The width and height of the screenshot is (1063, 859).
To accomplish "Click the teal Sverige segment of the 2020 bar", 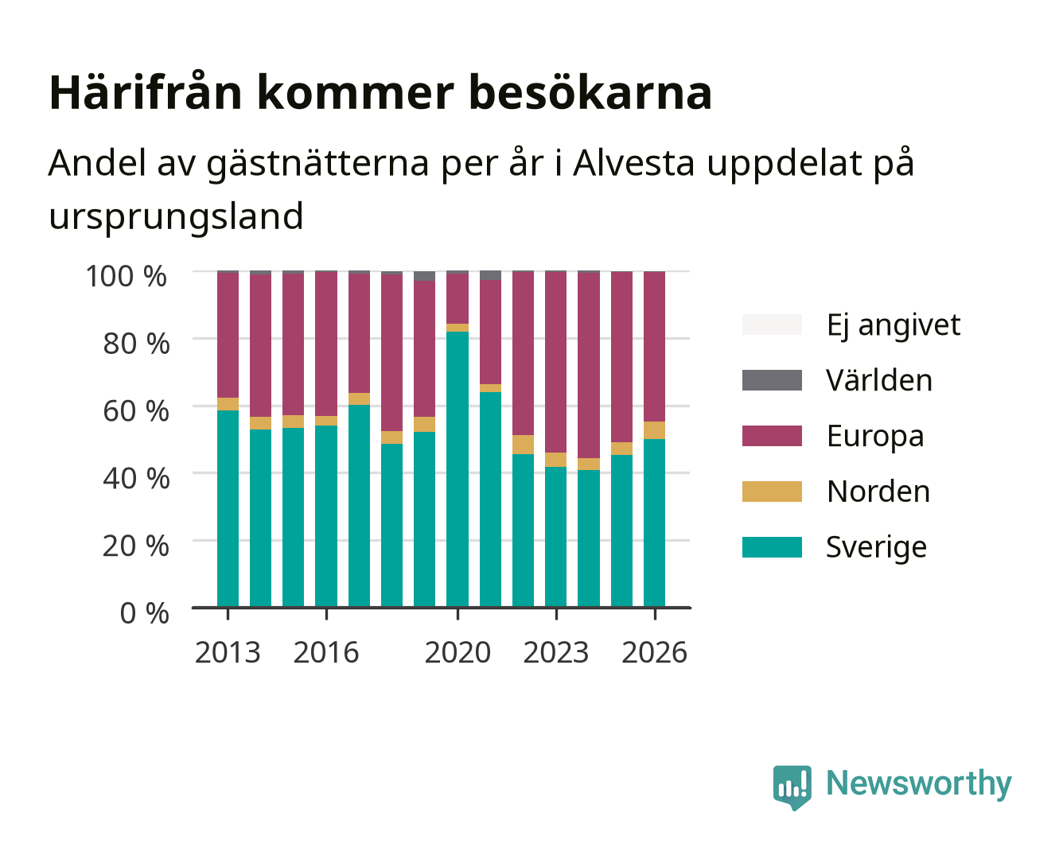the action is tap(458, 469).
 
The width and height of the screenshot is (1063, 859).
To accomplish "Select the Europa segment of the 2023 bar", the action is tap(555, 362).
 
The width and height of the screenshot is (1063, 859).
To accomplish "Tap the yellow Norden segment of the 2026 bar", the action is tap(654, 430).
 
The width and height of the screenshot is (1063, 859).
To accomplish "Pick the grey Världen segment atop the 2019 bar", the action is tap(424, 276).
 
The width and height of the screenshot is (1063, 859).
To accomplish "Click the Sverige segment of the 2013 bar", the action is tap(228, 508).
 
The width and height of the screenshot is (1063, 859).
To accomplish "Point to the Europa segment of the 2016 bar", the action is tap(326, 344).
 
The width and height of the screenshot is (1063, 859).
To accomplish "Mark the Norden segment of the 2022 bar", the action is tap(523, 445).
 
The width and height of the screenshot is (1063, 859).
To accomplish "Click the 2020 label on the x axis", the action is tap(458, 652).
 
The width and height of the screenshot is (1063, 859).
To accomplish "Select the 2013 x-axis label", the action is tap(228, 652).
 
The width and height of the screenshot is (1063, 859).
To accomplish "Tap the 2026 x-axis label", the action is tap(654, 652).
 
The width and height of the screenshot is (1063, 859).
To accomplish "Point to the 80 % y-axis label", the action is tap(136, 344).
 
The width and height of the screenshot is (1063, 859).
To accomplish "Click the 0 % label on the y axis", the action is tap(144, 613).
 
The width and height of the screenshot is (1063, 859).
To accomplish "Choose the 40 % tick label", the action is tap(136, 478).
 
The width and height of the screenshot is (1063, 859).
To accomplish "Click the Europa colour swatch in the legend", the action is tap(772, 436).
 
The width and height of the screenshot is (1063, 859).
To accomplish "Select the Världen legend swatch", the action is tap(772, 380).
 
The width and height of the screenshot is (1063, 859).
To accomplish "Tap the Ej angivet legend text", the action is tap(894, 325).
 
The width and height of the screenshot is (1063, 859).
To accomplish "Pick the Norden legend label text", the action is tap(878, 492).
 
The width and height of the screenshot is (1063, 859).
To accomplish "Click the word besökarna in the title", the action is tap(590, 93).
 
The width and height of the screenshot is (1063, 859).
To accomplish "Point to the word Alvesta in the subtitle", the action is tap(634, 162).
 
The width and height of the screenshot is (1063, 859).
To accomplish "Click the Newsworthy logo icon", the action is tap(792, 787).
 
